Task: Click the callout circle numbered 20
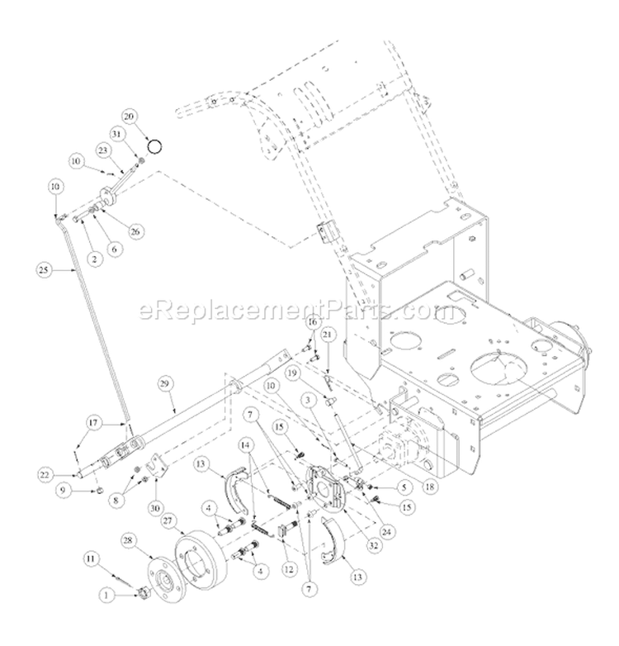pyautogui.click(x=130, y=117)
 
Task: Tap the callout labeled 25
pyautogui.click(x=44, y=268)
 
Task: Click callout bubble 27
pyautogui.click(x=170, y=521)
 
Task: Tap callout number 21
pyautogui.click(x=327, y=334)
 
